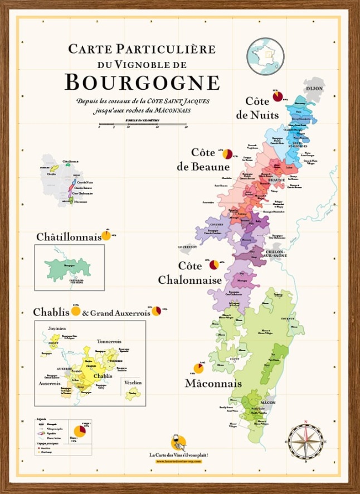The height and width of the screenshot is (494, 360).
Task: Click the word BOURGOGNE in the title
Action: tap(142, 83)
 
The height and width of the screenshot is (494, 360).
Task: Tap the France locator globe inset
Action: tap(266, 56)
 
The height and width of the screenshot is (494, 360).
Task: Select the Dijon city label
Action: tap(315, 89)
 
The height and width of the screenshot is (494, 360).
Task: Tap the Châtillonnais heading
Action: tap(69, 237)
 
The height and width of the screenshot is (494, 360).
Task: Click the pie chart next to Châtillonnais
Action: tap(106, 235)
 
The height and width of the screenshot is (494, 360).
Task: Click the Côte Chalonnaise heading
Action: tap(190, 273)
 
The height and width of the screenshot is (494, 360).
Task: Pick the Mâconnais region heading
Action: tap(213, 384)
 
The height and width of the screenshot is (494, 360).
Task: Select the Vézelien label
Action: tap(132, 383)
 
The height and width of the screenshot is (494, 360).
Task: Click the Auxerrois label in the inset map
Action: tap(50, 384)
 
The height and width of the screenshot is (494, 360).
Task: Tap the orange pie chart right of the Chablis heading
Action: tap(76, 311)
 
